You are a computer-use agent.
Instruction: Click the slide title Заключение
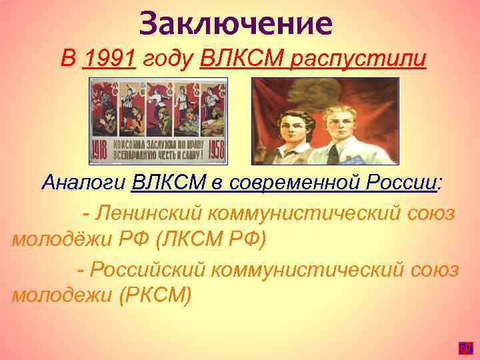tap(236, 23)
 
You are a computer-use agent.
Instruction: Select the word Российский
tap(156, 269)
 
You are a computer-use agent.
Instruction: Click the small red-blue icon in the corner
tap(465, 347)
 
